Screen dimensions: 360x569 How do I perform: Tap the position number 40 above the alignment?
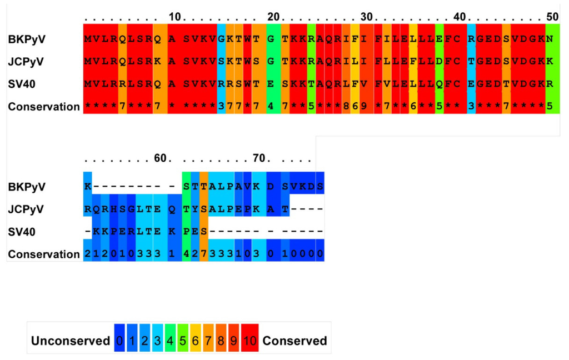tap(459, 17)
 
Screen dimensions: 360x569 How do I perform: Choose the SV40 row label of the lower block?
tap(24, 231)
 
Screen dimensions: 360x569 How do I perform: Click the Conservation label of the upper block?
tap(44, 107)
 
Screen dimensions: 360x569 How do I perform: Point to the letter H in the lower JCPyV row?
tap(113, 209)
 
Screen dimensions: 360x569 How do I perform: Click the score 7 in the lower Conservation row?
tap(203, 254)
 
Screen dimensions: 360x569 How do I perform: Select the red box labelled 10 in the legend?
tap(249, 341)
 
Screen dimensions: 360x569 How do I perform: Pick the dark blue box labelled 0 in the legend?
tap(118, 341)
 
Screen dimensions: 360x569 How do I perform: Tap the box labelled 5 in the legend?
tap(182, 341)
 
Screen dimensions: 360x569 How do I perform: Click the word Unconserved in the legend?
tap(70, 341)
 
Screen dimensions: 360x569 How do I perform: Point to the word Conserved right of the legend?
tap(295, 341)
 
